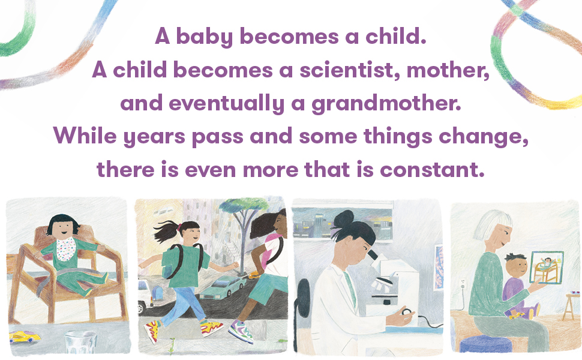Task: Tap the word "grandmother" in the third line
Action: tap(386, 103)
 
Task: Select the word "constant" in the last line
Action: tap(433, 170)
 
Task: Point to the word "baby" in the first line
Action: tap(204, 37)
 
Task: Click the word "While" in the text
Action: tap(85, 136)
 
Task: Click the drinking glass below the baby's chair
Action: tap(80, 342)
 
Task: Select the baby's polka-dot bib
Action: tap(65, 250)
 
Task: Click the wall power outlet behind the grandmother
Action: tap(463, 284)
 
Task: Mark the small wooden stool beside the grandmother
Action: tap(571, 306)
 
